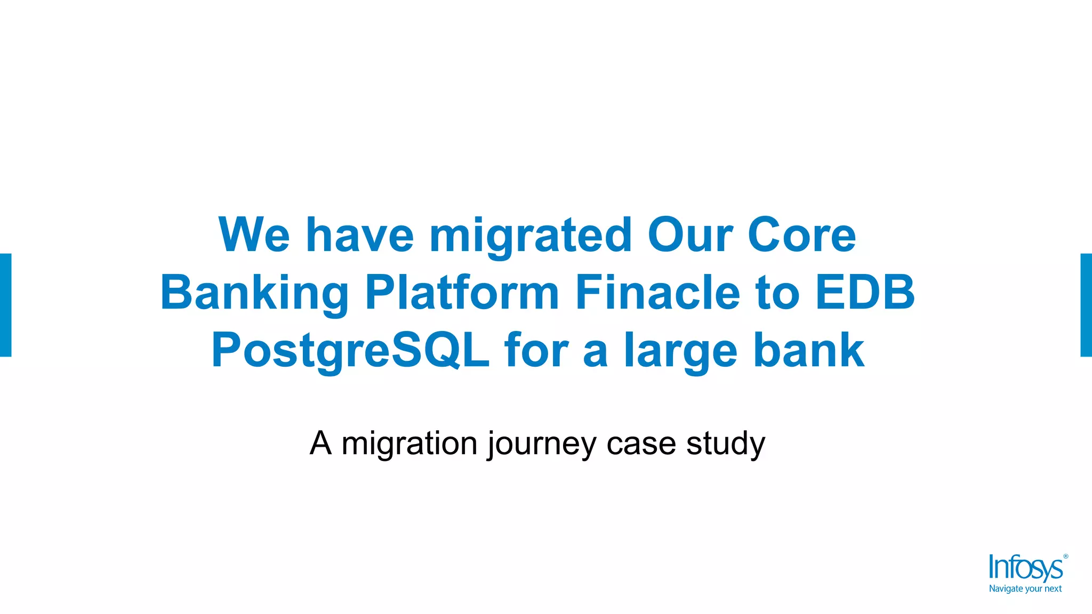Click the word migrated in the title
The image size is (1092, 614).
click(x=531, y=236)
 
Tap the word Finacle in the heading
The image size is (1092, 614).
click(x=657, y=293)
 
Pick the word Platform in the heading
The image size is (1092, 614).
click(x=462, y=293)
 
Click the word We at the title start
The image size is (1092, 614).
click(x=254, y=235)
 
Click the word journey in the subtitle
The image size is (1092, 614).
click(x=542, y=444)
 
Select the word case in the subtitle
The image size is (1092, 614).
click(x=641, y=444)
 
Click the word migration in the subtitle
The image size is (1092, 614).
click(x=409, y=443)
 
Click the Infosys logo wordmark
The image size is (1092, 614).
click(x=1025, y=568)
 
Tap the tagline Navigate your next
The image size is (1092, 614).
click(x=1025, y=589)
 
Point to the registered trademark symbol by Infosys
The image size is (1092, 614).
click(x=1066, y=556)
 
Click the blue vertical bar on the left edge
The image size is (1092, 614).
click(x=5, y=305)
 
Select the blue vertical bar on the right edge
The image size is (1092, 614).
click(x=1086, y=305)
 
